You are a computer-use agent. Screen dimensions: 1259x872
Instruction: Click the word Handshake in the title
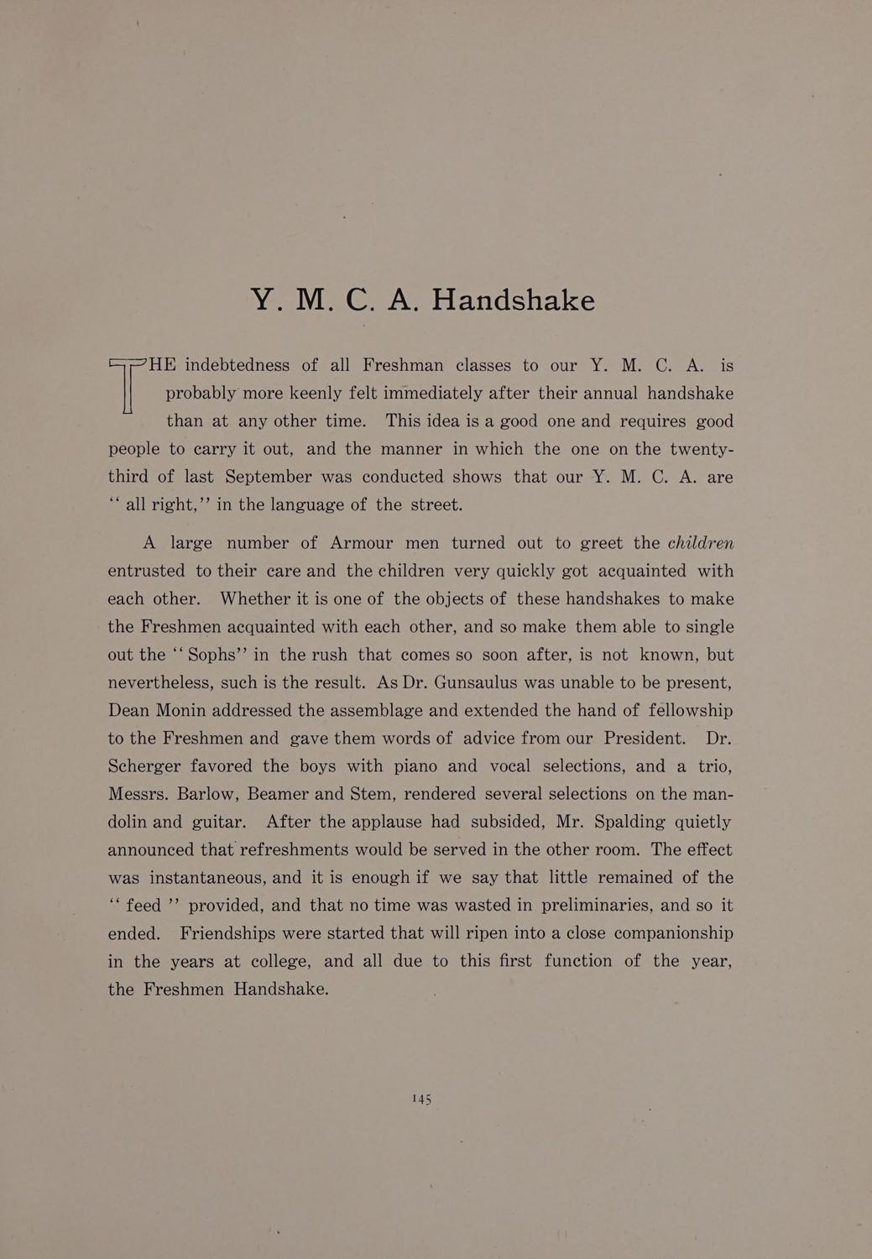click(x=513, y=300)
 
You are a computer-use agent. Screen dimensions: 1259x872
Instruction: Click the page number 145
click(x=421, y=1099)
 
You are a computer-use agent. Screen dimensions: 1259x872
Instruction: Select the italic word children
click(x=701, y=542)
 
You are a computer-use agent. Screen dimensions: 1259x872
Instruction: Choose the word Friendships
click(x=237, y=933)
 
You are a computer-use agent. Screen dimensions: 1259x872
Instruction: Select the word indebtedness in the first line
click(x=237, y=365)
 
